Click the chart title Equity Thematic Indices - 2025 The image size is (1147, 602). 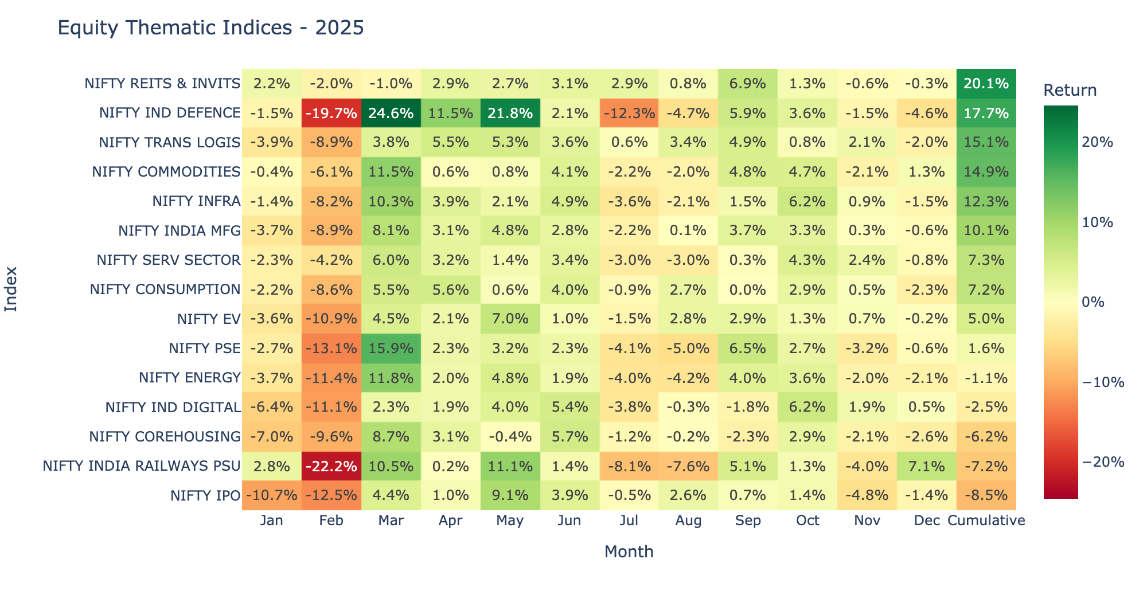coord(210,28)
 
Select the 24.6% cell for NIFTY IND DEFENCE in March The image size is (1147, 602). coord(391,113)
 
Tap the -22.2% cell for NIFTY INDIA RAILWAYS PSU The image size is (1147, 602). coord(331,466)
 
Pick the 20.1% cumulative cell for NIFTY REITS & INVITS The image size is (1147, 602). coord(986,84)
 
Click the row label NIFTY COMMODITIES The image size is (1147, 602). coord(166,172)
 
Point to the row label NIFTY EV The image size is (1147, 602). coord(209,319)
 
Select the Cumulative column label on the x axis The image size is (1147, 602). coord(986,521)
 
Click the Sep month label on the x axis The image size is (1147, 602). coord(748,521)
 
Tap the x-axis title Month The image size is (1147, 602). coord(629,552)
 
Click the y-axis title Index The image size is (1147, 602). coord(11,289)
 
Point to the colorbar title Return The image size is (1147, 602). coord(1070,91)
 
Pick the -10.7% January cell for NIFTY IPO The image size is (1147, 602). coord(272,495)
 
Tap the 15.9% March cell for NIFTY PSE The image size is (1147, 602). coord(391,349)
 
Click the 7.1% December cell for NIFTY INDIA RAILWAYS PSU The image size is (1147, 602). coord(927,466)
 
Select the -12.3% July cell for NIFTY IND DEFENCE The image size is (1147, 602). coord(629,113)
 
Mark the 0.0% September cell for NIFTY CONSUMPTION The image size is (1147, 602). coord(748,290)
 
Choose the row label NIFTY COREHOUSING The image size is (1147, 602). coord(165,437)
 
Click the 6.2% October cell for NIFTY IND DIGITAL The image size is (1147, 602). coord(807,407)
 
